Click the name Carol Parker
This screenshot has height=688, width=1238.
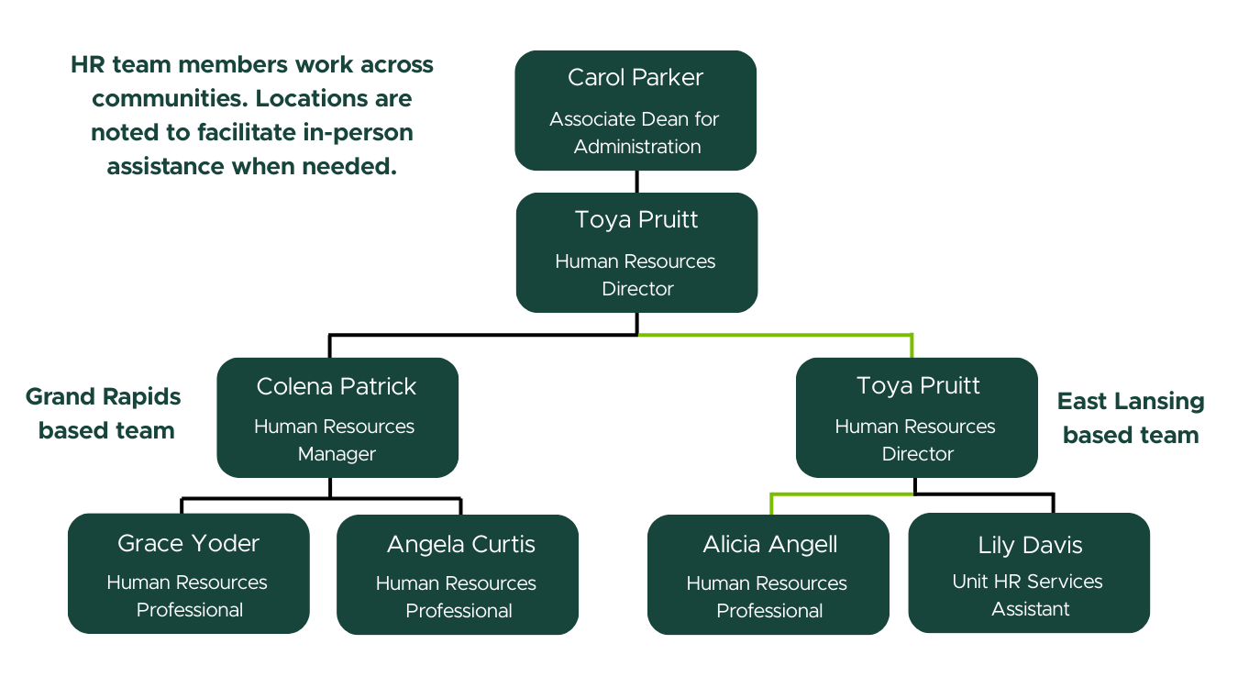pos(636,78)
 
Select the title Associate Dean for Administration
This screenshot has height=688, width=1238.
pos(636,133)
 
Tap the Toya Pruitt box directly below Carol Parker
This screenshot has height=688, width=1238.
pos(636,252)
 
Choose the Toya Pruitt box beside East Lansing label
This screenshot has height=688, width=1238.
pos(916,417)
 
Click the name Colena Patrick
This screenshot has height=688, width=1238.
pos(337,386)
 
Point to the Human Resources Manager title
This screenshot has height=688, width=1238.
pos(336,440)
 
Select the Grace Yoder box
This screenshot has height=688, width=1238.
pos(189,573)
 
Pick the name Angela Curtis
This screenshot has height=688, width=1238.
pos(460,544)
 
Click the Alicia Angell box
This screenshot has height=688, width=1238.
pos(768,574)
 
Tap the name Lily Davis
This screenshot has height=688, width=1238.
pos(1030,546)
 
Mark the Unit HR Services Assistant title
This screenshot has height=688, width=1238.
pos(1029,595)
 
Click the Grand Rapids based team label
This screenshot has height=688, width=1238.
pos(104,413)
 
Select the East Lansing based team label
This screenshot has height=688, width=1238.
pos(1131,417)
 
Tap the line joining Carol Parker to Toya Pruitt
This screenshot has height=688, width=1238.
pos(636,182)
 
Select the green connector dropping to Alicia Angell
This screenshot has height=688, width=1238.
pos(772,504)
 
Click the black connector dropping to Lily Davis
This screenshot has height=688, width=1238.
pos(1053,503)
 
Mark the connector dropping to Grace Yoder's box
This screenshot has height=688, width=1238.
pos(182,505)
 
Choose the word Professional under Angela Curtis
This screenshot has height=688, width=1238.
pos(459,611)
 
